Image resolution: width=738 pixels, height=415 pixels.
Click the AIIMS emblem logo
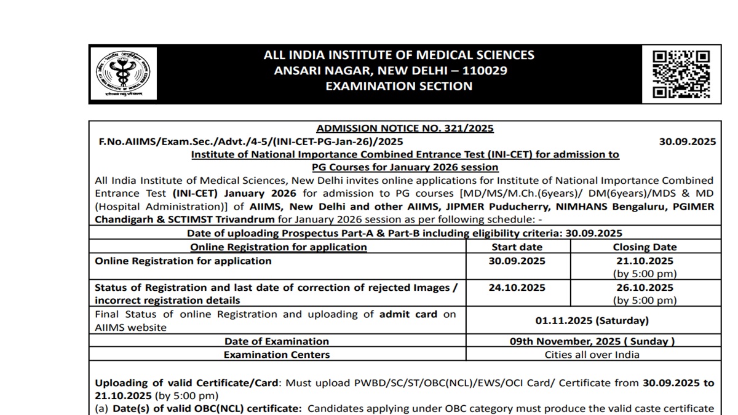(x=127, y=73)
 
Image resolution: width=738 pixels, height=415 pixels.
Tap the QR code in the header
(x=681, y=74)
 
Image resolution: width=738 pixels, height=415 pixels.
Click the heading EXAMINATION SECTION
(x=399, y=86)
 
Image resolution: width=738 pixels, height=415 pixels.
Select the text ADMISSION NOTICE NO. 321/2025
(x=405, y=128)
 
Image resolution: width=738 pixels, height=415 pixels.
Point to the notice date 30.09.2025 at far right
(x=687, y=141)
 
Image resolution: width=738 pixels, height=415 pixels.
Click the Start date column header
(x=517, y=247)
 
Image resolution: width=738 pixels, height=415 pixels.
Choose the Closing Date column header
(x=645, y=247)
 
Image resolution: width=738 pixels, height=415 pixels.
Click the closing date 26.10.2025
(x=645, y=287)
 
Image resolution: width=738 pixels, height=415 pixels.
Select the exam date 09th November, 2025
(x=592, y=341)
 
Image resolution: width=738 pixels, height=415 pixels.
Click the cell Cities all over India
(x=592, y=355)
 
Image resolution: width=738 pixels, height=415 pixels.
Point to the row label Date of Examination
(x=276, y=341)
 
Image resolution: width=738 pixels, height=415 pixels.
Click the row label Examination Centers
(x=276, y=355)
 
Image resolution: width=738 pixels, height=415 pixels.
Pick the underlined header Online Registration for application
(x=279, y=247)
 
